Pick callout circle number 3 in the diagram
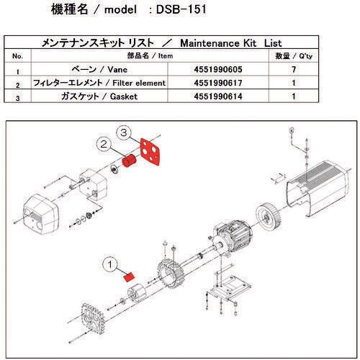(124, 133)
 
